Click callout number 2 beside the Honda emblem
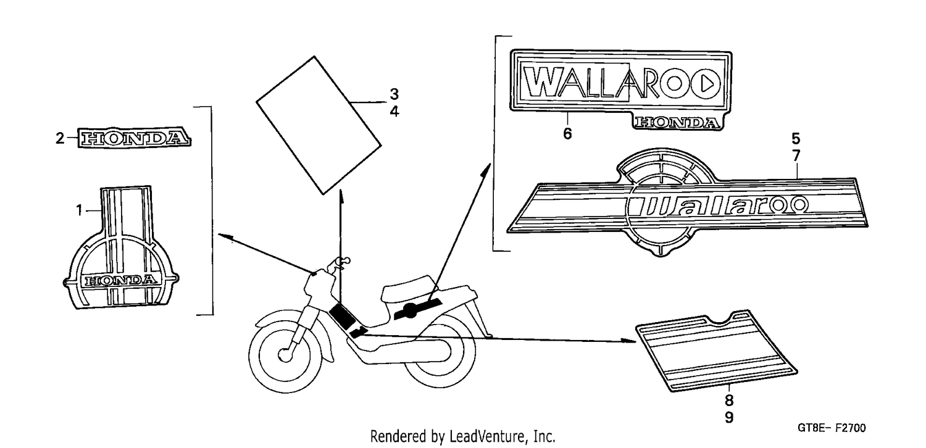[x=60, y=138]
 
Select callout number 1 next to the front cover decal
[x=80, y=210]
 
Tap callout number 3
[x=394, y=94]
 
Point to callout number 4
[x=394, y=112]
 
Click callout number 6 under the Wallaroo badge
[x=567, y=133]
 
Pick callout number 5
[x=796, y=138]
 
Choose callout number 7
[x=796, y=156]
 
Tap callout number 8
[x=729, y=400]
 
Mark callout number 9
[x=729, y=417]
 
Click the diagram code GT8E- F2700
[x=832, y=428]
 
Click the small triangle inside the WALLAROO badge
[x=707, y=85]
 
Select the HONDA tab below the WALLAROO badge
[x=677, y=122]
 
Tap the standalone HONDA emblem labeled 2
[x=135, y=138]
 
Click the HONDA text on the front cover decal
[x=121, y=281]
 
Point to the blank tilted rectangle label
[x=319, y=125]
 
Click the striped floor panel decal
[x=716, y=351]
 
